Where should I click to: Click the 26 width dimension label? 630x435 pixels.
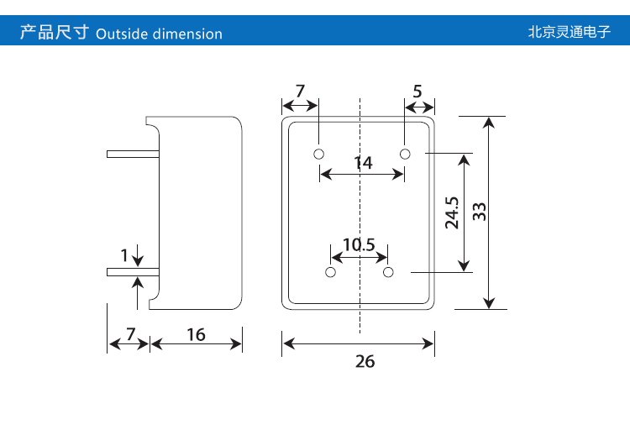pos(365,362)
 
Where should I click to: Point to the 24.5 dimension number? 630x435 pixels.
pos(452,212)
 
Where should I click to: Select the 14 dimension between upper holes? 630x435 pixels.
pos(363,163)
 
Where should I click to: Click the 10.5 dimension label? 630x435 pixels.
pos(359,245)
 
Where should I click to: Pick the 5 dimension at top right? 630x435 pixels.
pos(417,91)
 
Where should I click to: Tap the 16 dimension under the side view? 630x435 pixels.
pos(196,335)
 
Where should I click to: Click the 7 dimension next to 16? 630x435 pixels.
pos(130,334)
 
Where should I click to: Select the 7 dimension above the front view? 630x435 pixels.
pos(301,91)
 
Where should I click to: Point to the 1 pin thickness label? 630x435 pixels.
pos(125,254)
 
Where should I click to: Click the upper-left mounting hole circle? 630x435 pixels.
pos(319,154)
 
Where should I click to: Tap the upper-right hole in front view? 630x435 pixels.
pos(405,154)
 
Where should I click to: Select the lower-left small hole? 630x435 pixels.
pos(330,273)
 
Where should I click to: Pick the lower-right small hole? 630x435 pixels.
pos(388,273)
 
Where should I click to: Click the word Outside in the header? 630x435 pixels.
pos(122,34)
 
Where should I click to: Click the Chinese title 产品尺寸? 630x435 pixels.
pos(54,34)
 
